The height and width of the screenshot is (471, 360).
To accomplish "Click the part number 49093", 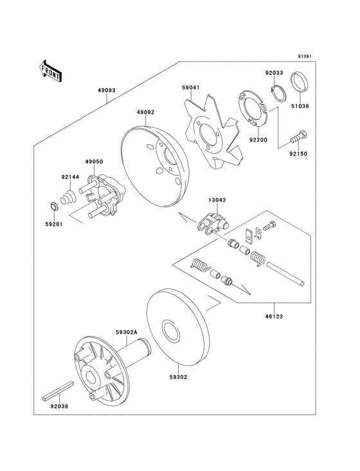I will pos(107,91).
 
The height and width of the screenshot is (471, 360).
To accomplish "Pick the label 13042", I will pos(216,200).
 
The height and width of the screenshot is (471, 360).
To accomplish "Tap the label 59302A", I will pos(125,333).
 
